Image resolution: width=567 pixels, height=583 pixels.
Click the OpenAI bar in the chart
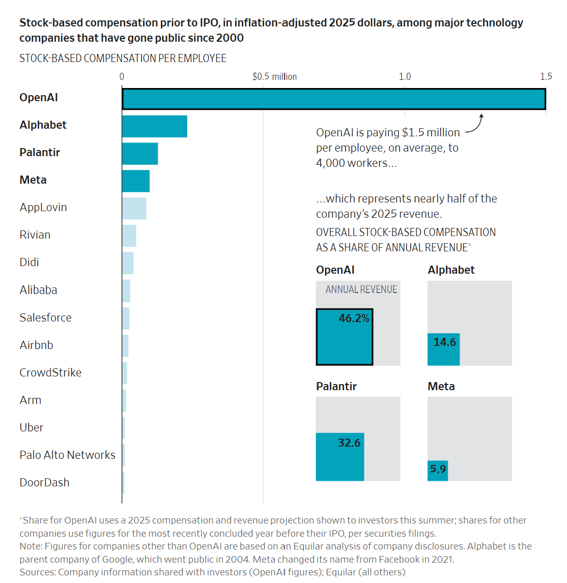click(x=334, y=99)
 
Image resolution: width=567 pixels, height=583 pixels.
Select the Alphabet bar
click(x=154, y=126)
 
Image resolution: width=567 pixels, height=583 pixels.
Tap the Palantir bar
click(x=140, y=154)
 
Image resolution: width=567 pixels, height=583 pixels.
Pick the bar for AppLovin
click(x=134, y=209)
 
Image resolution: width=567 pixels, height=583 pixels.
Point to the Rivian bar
click(x=129, y=236)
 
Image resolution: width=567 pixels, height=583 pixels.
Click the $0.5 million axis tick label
click(x=274, y=77)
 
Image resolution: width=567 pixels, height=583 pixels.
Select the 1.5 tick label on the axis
click(x=546, y=77)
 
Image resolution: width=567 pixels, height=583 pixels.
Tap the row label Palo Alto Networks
click(x=67, y=455)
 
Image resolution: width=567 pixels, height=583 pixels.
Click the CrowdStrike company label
click(x=50, y=372)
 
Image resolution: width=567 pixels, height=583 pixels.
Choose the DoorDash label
click(x=45, y=482)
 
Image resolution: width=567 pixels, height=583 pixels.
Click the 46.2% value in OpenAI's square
click(x=354, y=318)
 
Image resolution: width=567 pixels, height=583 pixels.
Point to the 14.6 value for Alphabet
click(x=445, y=342)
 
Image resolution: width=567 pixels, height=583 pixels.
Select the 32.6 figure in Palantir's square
click(x=349, y=443)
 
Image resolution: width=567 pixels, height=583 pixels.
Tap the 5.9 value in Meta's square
click(x=438, y=469)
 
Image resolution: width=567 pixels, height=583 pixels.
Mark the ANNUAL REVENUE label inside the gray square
click(x=361, y=289)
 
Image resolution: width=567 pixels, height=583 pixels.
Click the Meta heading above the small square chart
click(x=441, y=386)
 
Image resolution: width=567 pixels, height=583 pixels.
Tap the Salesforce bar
click(x=126, y=318)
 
